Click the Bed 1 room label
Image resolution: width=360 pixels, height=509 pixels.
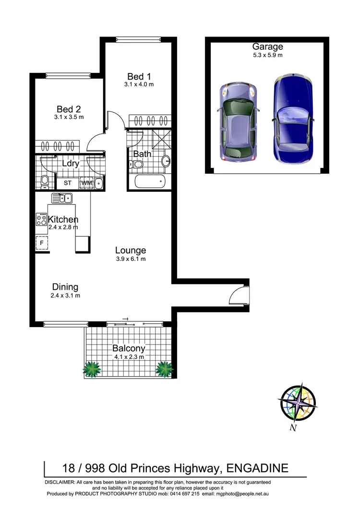[x=138, y=76]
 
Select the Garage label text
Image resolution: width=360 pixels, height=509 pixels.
[x=267, y=47]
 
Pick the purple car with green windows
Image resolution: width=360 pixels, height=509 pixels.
[x=239, y=122]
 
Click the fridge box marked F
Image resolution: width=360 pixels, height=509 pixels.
[x=42, y=243]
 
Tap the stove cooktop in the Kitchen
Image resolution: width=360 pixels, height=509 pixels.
[x=41, y=220]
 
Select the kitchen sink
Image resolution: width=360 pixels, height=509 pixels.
[x=62, y=197]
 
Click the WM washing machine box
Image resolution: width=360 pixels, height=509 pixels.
[x=86, y=183]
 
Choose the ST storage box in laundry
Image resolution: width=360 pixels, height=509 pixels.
[x=68, y=183]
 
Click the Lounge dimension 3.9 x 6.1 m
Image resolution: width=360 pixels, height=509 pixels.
[x=130, y=259]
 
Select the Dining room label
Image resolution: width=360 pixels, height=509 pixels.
[x=65, y=287]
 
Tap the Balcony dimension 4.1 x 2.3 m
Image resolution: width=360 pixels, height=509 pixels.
[x=128, y=357]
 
